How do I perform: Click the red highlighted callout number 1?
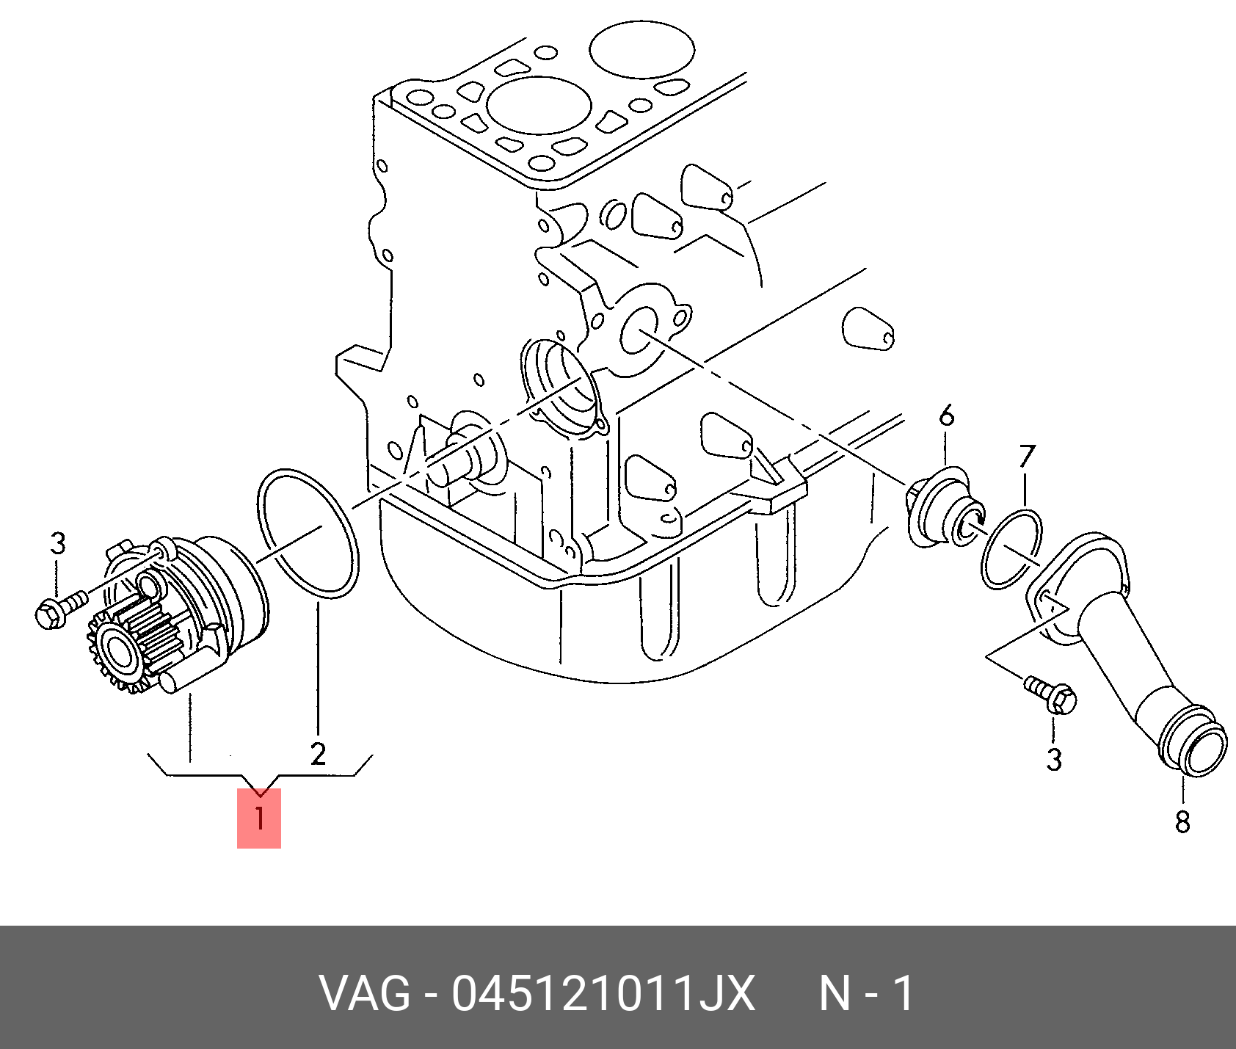coord(258,818)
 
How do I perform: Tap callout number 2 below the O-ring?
coord(317,753)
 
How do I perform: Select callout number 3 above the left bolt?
coord(58,544)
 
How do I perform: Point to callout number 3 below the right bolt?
coord(1054,759)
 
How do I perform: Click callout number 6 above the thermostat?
coord(947,415)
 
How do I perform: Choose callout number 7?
coord(1026,457)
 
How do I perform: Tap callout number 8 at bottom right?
coord(1182,821)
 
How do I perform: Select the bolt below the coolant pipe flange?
coord(1051,694)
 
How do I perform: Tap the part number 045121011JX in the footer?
coord(603,995)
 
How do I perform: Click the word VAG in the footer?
coord(364,995)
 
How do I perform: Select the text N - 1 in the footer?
coord(865,995)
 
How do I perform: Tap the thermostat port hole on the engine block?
coord(639,330)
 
